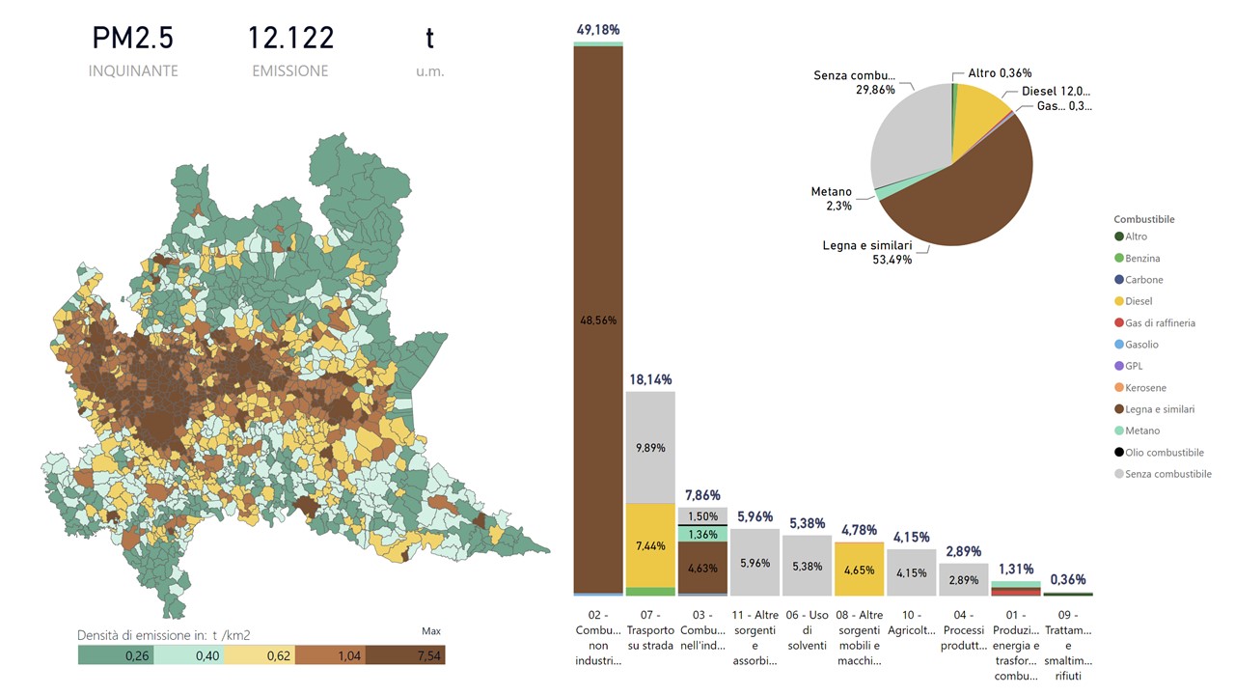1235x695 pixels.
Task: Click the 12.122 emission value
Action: (290, 39)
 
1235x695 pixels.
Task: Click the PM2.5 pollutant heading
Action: (133, 39)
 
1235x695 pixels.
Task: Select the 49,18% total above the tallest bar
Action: (597, 31)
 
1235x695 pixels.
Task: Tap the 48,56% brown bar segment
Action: (597, 320)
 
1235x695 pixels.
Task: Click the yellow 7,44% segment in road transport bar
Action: (650, 545)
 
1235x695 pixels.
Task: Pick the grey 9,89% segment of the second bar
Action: (650, 448)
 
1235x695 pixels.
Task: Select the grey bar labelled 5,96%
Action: (755, 563)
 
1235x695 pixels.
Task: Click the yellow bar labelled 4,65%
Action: (859, 570)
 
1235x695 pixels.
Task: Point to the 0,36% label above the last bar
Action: (1067, 580)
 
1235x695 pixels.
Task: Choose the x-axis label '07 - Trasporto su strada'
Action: (650, 623)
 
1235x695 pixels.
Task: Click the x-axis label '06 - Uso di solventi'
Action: (807, 629)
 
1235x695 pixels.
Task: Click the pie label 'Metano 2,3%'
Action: (832, 199)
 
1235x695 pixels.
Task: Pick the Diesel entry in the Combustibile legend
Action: (1138, 301)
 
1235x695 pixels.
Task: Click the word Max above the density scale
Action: (431, 631)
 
